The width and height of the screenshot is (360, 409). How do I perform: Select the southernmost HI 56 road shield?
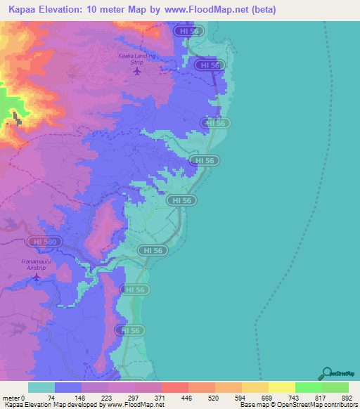[x=131, y=330]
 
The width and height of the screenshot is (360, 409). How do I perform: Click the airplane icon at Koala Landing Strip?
[x=136, y=70]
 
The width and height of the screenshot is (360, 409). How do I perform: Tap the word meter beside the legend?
[x=10, y=397]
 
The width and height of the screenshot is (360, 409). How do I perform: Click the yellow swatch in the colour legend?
[x=282, y=387]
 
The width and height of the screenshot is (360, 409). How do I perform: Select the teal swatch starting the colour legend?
[x=41, y=387]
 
